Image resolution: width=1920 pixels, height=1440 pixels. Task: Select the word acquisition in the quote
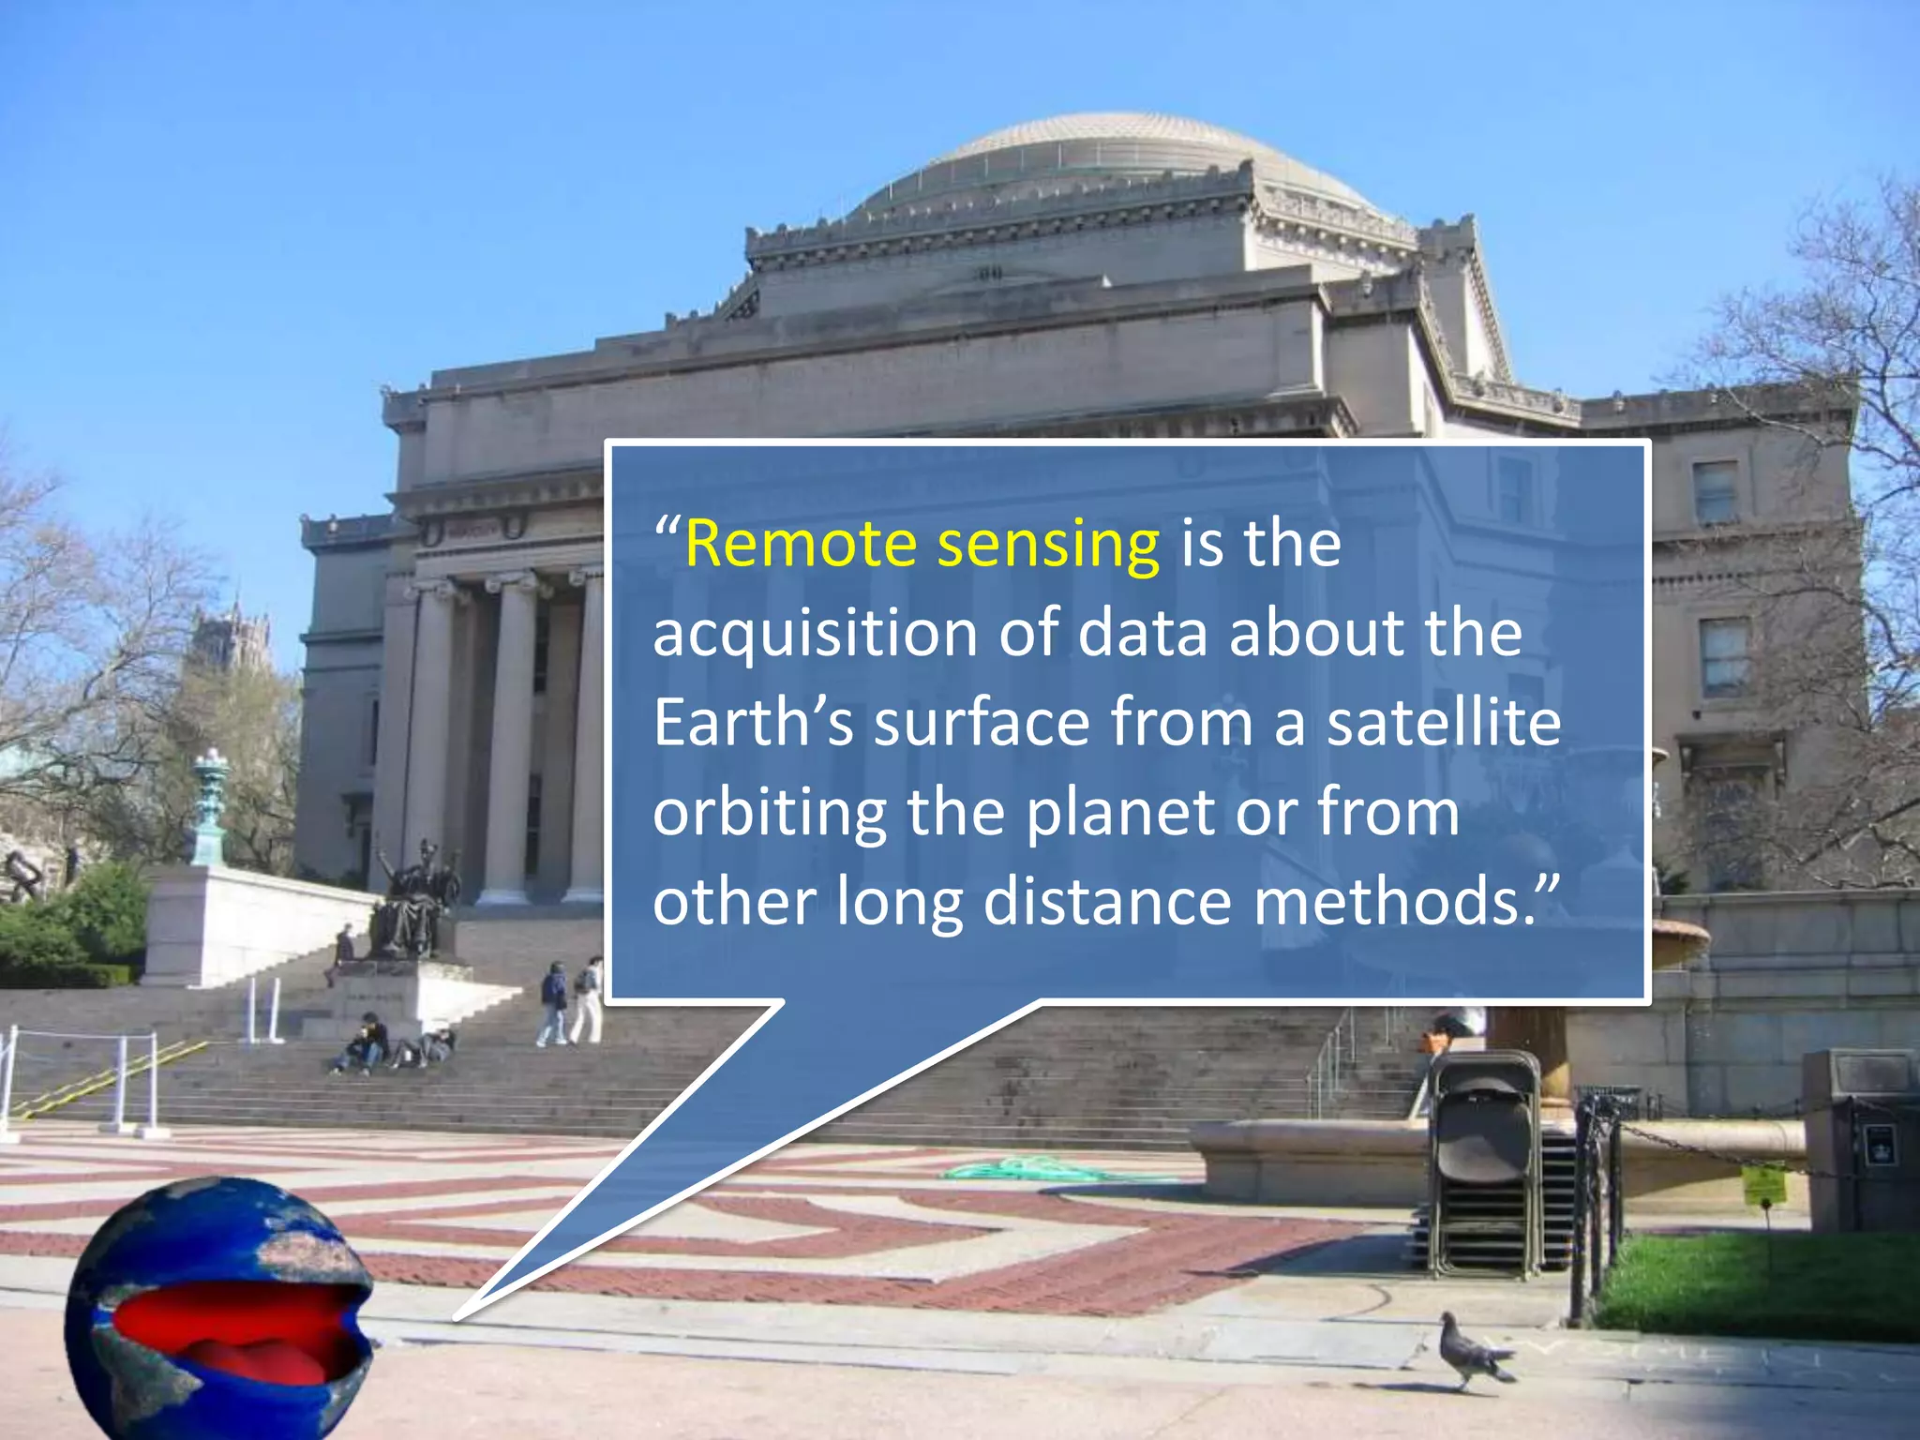point(815,633)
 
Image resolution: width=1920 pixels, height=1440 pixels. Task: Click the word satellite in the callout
point(1444,723)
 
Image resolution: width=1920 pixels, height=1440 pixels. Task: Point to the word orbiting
point(769,814)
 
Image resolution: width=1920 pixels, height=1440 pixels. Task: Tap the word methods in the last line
point(1397,902)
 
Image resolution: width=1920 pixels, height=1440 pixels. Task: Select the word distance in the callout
point(1106,902)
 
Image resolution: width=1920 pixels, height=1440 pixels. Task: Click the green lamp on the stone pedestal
point(210,806)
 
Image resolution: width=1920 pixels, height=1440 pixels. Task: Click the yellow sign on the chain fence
point(1763,1185)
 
